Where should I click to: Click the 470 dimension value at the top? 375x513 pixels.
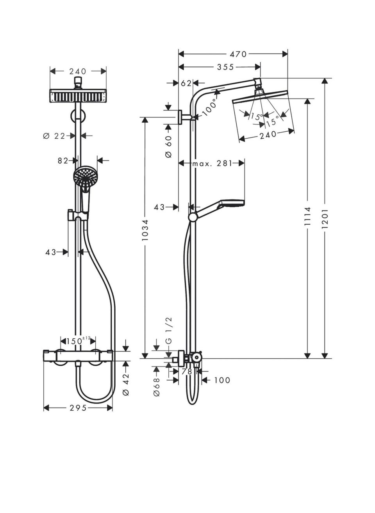coord(238,54)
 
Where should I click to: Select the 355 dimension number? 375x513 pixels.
coord(225,67)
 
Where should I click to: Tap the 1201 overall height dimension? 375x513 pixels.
coord(325,218)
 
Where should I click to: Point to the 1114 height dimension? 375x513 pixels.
coord(307,216)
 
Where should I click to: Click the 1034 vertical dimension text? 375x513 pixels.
coord(145,230)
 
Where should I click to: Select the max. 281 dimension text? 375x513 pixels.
coord(212,164)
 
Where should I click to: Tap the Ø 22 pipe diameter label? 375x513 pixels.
coord(54,136)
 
